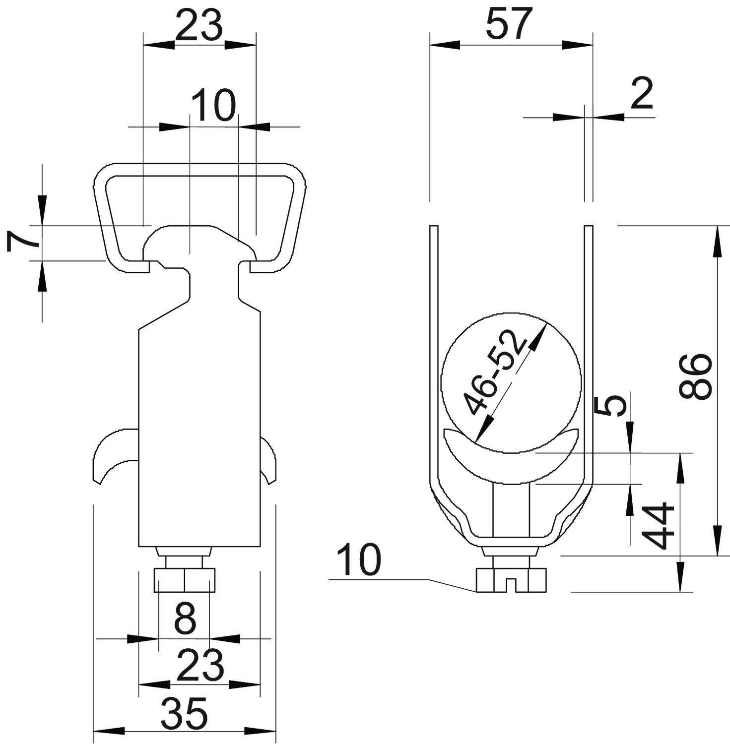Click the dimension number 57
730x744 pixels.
click(x=509, y=24)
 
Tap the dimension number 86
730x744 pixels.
click(x=696, y=376)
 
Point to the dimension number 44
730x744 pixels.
click(x=658, y=526)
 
